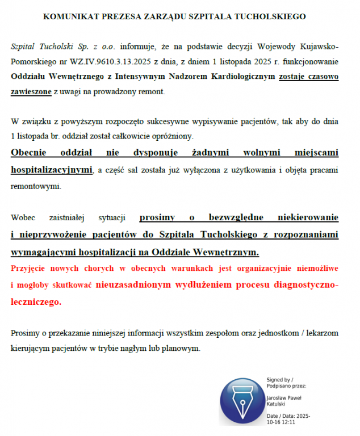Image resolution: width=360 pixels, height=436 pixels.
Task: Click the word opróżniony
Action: click(x=170, y=136)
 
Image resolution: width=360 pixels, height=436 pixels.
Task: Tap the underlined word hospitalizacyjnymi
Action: click(x=52, y=169)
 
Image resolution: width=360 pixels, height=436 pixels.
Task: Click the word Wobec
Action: click(x=24, y=217)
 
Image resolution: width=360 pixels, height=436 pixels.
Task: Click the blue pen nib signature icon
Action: click(x=239, y=402)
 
